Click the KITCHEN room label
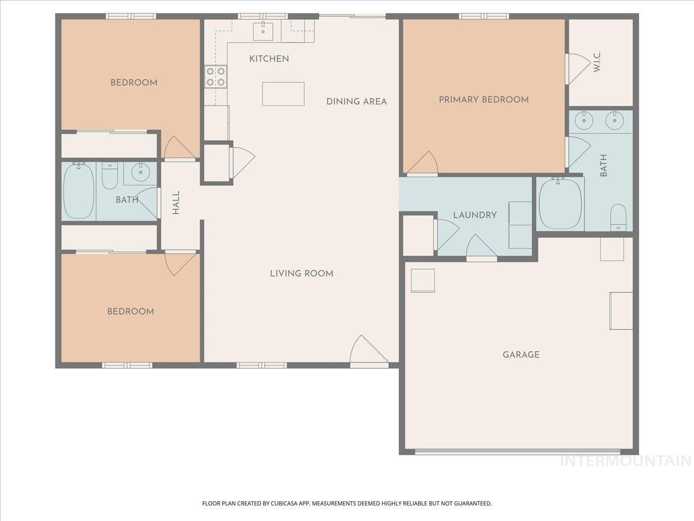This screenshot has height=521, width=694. pos(269,58)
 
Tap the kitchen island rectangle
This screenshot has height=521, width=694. pos(283,94)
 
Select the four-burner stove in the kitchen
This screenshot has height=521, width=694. pos(215,76)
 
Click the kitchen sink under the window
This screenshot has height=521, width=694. pos(263,30)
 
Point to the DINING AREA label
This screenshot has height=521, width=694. pos(356,101)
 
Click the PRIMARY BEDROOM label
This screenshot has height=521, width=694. pos(483,100)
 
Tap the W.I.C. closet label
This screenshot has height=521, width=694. pos(597,61)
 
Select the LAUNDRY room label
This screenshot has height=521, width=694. pos(475,215)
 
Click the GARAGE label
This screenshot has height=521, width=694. pos(520,354)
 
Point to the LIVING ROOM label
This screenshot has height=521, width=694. pos(301,273)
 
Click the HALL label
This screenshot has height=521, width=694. pos(176,203)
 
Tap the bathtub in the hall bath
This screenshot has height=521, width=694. pos(79,190)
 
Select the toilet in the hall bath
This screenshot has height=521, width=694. pos(109,177)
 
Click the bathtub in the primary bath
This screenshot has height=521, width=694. pos(559,204)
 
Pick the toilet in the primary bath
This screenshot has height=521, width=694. pos(618,217)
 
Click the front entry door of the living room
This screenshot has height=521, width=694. pos(368,352)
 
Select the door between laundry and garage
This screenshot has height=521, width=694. pos(481,249)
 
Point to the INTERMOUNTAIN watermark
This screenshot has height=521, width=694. pos(626,461)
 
